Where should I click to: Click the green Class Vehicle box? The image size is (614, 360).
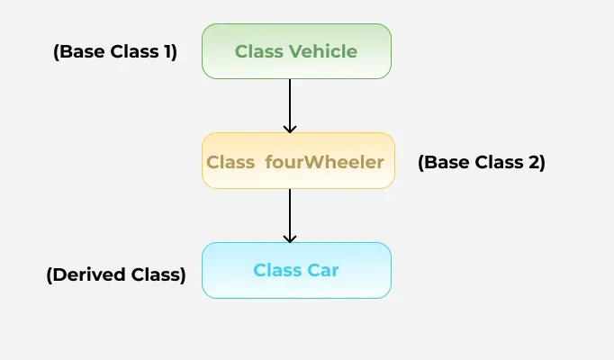coord(296,51)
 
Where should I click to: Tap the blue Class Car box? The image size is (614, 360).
coord(296,270)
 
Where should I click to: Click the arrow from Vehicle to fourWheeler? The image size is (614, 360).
coord(290,104)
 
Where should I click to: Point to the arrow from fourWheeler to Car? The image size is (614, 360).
coord(290,214)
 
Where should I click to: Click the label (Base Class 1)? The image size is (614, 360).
coord(115,52)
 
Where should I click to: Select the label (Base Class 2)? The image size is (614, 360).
coord(482,163)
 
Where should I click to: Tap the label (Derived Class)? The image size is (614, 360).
coord(115,275)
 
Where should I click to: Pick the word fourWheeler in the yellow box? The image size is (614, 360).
coord(325,163)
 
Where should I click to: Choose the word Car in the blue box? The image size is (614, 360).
coord(323,270)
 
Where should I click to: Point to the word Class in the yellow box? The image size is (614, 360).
coord(230,163)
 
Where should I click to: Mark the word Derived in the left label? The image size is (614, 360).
coord(86,275)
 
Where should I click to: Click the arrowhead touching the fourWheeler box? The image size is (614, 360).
coord(290,128)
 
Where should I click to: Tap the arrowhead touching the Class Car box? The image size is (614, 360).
coord(290,238)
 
